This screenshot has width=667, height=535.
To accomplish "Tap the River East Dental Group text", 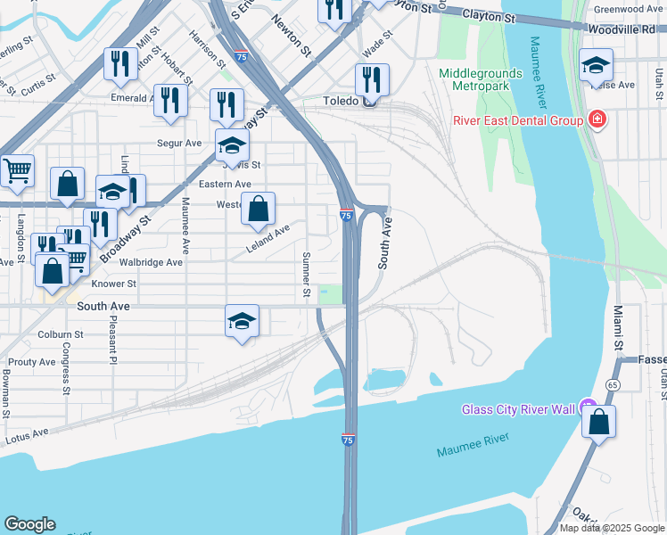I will tap(517, 120).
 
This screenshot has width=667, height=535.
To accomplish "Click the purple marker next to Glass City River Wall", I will tap(588, 408).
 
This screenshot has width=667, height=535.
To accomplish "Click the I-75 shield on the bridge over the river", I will tap(348, 440).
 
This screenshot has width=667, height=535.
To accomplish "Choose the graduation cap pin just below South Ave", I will tap(242, 321).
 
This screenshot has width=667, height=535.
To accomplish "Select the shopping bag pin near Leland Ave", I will tap(258, 210).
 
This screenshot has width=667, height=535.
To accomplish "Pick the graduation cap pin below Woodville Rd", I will tap(596, 65).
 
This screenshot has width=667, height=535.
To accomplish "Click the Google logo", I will tap(29, 524).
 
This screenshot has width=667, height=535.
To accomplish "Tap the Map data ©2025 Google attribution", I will tap(612, 528).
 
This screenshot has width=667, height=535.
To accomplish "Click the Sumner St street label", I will tap(306, 275).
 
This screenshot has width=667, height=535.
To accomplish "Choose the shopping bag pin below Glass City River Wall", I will tap(599, 422).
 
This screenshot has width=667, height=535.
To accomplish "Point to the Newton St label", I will tap(292, 37).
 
